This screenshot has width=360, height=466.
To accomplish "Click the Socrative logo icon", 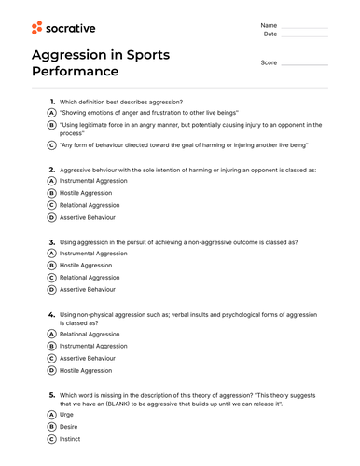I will pyautogui.click(x=38, y=28).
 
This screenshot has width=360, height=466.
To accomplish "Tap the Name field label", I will pyautogui.click(x=269, y=24).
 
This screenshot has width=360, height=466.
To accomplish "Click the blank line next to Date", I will pyautogui.click(x=304, y=34).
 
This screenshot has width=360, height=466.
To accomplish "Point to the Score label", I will pyautogui.click(x=269, y=63).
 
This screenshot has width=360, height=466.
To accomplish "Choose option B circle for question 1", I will pyautogui.click(x=51, y=128).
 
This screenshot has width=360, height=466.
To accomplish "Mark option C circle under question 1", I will pyautogui.click(x=51, y=145).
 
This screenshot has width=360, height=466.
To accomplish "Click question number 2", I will pyautogui.click(x=50, y=171).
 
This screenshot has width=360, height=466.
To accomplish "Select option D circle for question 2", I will pyautogui.click(x=51, y=217).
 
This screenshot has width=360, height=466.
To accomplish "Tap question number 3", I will pyautogui.click(x=50, y=241).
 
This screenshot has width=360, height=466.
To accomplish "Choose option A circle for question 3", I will pyautogui.click(x=51, y=253).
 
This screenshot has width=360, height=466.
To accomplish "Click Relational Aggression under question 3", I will pyautogui.click(x=90, y=277).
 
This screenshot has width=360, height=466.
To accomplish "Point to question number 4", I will pyautogui.click(x=50, y=315).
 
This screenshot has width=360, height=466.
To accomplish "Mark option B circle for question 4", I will pyautogui.click(x=51, y=346).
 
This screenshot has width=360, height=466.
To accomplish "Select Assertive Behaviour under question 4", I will pyautogui.click(x=88, y=358).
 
